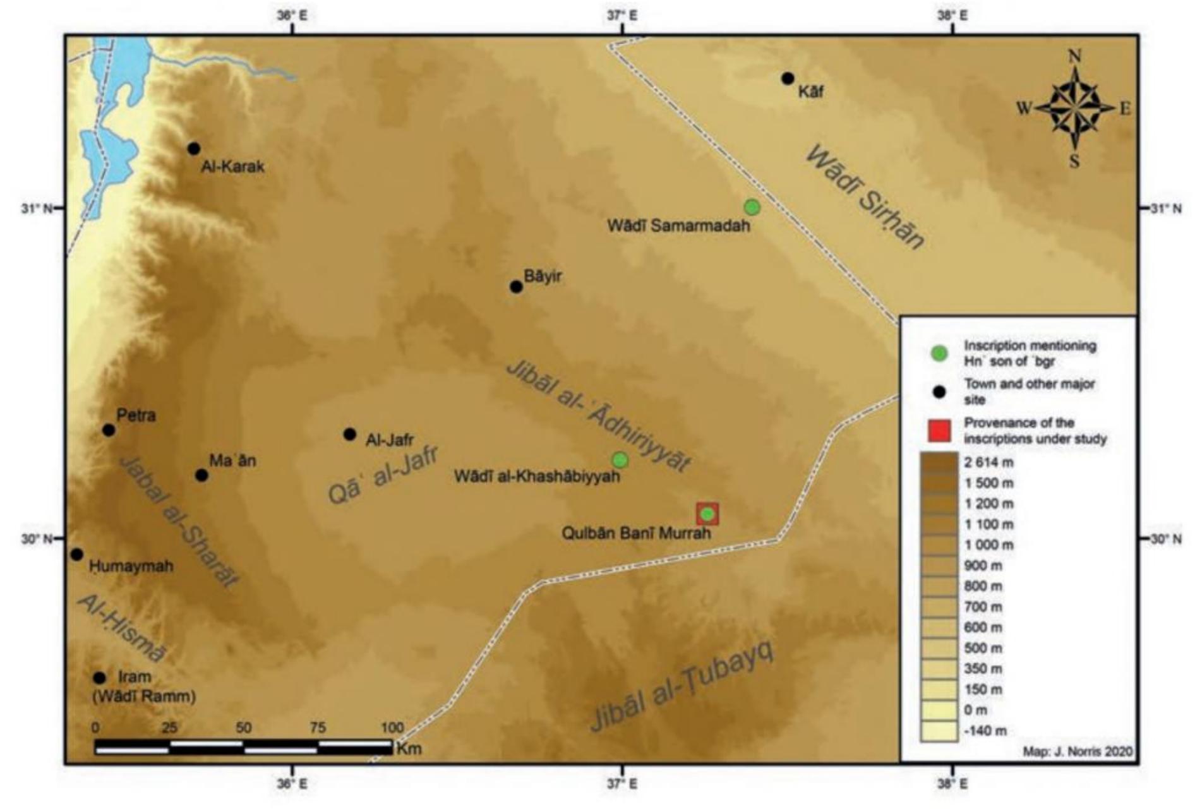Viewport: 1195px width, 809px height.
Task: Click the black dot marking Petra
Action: click(109, 430)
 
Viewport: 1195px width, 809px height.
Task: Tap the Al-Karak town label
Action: click(232, 167)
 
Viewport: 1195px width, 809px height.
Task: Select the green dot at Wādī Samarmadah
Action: click(752, 207)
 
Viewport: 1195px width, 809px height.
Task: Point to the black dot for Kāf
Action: click(788, 78)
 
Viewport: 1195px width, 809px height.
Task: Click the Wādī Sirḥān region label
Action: click(865, 196)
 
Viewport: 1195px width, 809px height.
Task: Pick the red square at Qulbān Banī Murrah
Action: click(707, 514)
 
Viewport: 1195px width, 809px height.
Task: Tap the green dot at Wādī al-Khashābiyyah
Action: click(620, 460)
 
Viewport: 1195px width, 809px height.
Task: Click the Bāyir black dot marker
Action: click(516, 287)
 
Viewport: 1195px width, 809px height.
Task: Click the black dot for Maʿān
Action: click(201, 475)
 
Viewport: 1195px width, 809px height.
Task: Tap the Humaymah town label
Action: click(131, 566)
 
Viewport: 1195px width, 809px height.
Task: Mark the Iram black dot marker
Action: click(99, 678)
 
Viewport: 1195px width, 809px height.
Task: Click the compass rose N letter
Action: click(1074, 56)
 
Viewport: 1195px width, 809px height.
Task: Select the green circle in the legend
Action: click(939, 354)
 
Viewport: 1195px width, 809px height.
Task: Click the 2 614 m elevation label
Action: click(988, 462)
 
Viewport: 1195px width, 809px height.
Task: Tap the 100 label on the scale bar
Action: click(392, 728)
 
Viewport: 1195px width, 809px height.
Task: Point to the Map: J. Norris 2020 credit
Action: click(1078, 752)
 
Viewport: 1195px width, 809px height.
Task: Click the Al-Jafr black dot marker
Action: click(350, 434)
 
